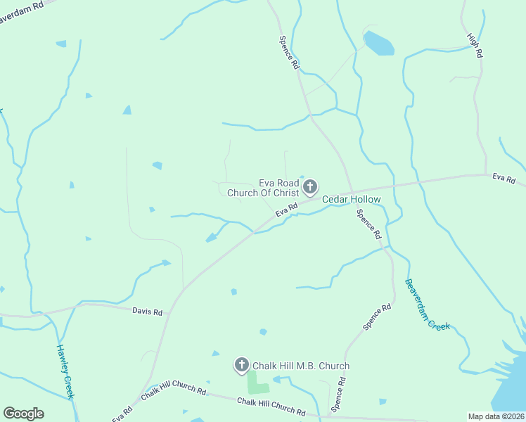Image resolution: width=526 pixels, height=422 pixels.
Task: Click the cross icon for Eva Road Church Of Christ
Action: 310,187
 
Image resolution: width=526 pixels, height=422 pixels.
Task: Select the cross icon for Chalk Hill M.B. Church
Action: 241,364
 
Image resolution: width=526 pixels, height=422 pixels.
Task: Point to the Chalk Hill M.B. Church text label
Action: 301,366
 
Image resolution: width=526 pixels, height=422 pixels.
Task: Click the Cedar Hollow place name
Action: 352,200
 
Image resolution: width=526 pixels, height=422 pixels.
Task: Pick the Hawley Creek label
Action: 65,371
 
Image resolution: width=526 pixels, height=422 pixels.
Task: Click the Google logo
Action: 23,414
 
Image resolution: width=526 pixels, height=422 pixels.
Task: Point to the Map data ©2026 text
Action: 496,416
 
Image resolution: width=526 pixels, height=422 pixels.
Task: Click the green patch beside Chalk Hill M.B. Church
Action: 257,383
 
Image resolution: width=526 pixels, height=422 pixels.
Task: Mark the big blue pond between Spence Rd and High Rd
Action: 378,43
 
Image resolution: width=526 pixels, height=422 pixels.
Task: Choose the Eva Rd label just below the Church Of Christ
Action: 287,209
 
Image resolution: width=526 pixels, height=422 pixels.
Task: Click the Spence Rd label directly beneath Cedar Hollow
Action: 368,223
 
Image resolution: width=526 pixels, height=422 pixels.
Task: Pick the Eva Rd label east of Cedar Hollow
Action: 503,176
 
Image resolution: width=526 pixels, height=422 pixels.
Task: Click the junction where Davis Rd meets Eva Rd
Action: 181,290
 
